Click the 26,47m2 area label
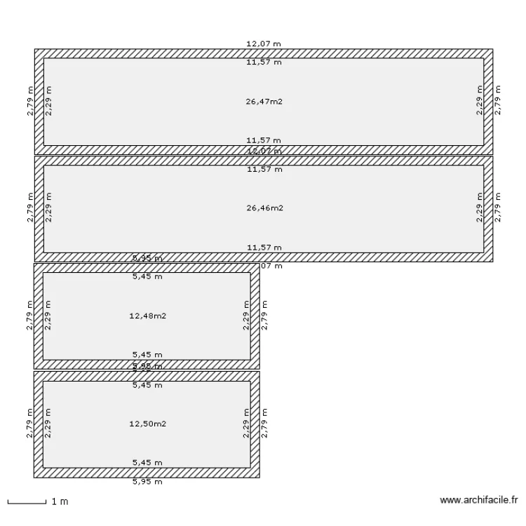click(x=264, y=102)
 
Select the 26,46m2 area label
click(x=264, y=208)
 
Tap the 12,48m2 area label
click(x=147, y=316)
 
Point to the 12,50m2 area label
click(x=147, y=424)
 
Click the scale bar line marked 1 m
click(x=26, y=502)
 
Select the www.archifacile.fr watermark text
click(x=478, y=501)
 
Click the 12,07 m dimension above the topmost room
click(x=264, y=43)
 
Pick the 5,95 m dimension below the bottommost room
click(x=147, y=482)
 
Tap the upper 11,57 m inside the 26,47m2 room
click(x=264, y=62)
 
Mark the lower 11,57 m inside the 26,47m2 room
click(x=264, y=140)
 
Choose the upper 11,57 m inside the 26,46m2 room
click(x=264, y=169)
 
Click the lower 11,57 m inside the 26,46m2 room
click(x=264, y=247)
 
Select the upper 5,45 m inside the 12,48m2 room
click(x=147, y=276)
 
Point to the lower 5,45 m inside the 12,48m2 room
click(x=147, y=355)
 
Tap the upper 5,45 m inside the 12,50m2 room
click(x=147, y=385)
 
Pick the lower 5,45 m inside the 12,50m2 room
click(x=147, y=463)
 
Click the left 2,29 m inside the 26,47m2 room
click(x=48, y=101)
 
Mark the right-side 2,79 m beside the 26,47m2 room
click(x=498, y=101)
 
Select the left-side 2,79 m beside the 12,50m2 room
click(x=29, y=424)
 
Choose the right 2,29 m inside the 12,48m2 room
click(x=246, y=316)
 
